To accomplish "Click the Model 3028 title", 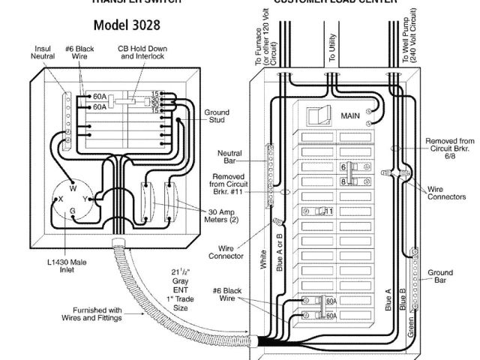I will tap(127, 25).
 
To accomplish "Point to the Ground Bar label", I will tap(440, 276).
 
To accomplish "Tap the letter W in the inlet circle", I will tap(73, 188).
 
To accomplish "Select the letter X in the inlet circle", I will tap(60, 199).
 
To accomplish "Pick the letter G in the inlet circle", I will tap(73, 211).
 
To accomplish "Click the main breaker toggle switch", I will tap(316, 115).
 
